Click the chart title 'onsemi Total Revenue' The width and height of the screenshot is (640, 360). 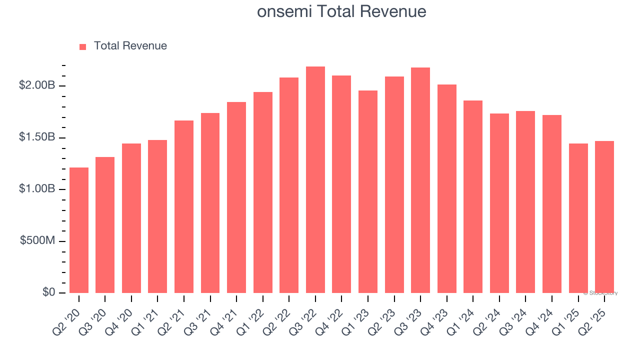tap(341, 11)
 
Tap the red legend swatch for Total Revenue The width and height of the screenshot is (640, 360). tap(83, 46)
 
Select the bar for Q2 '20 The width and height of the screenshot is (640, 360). tap(79, 230)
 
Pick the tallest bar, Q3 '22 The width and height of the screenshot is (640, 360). tap(315, 180)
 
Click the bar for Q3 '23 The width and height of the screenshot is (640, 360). tap(420, 180)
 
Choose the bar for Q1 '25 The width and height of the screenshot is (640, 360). tap(578, 218)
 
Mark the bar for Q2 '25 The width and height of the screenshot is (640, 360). tap(604, 217)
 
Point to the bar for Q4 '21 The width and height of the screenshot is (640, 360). tap(236, 197)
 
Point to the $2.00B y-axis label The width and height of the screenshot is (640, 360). tap(37, 85)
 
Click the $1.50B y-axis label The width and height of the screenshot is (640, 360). tap(37, 137)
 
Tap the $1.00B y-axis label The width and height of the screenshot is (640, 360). tap(37, 189)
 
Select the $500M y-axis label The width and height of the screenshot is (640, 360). tap(37, 241)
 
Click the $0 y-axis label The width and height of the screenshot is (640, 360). tap(48, 292)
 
